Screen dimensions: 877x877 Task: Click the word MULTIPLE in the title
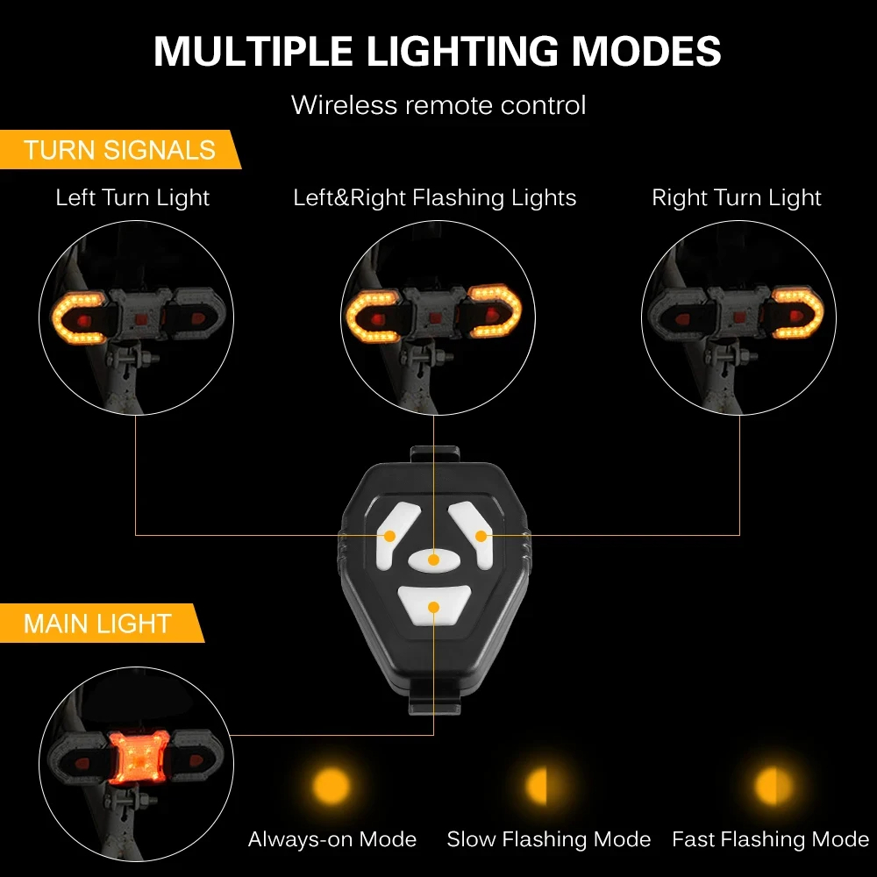(x=253, y=51)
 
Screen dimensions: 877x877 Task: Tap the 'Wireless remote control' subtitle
(x=438, y=105)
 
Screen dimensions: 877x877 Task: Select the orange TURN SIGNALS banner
(x=119, y=149)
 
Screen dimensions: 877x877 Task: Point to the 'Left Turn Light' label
(x=132, y=197)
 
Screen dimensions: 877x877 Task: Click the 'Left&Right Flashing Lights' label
(x=435, y=197)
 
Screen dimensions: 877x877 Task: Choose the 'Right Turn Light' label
(x=737, y=197)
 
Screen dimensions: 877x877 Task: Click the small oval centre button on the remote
(x=434, y=560)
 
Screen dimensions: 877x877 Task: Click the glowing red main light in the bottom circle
(x=139, y=758)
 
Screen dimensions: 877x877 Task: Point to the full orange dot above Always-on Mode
(x=332, y=785)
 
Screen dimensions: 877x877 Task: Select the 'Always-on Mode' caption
(x=332, y=839)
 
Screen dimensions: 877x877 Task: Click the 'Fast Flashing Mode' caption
(x=771, y=839)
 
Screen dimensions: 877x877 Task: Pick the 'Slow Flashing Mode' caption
(x=549, y=839)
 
